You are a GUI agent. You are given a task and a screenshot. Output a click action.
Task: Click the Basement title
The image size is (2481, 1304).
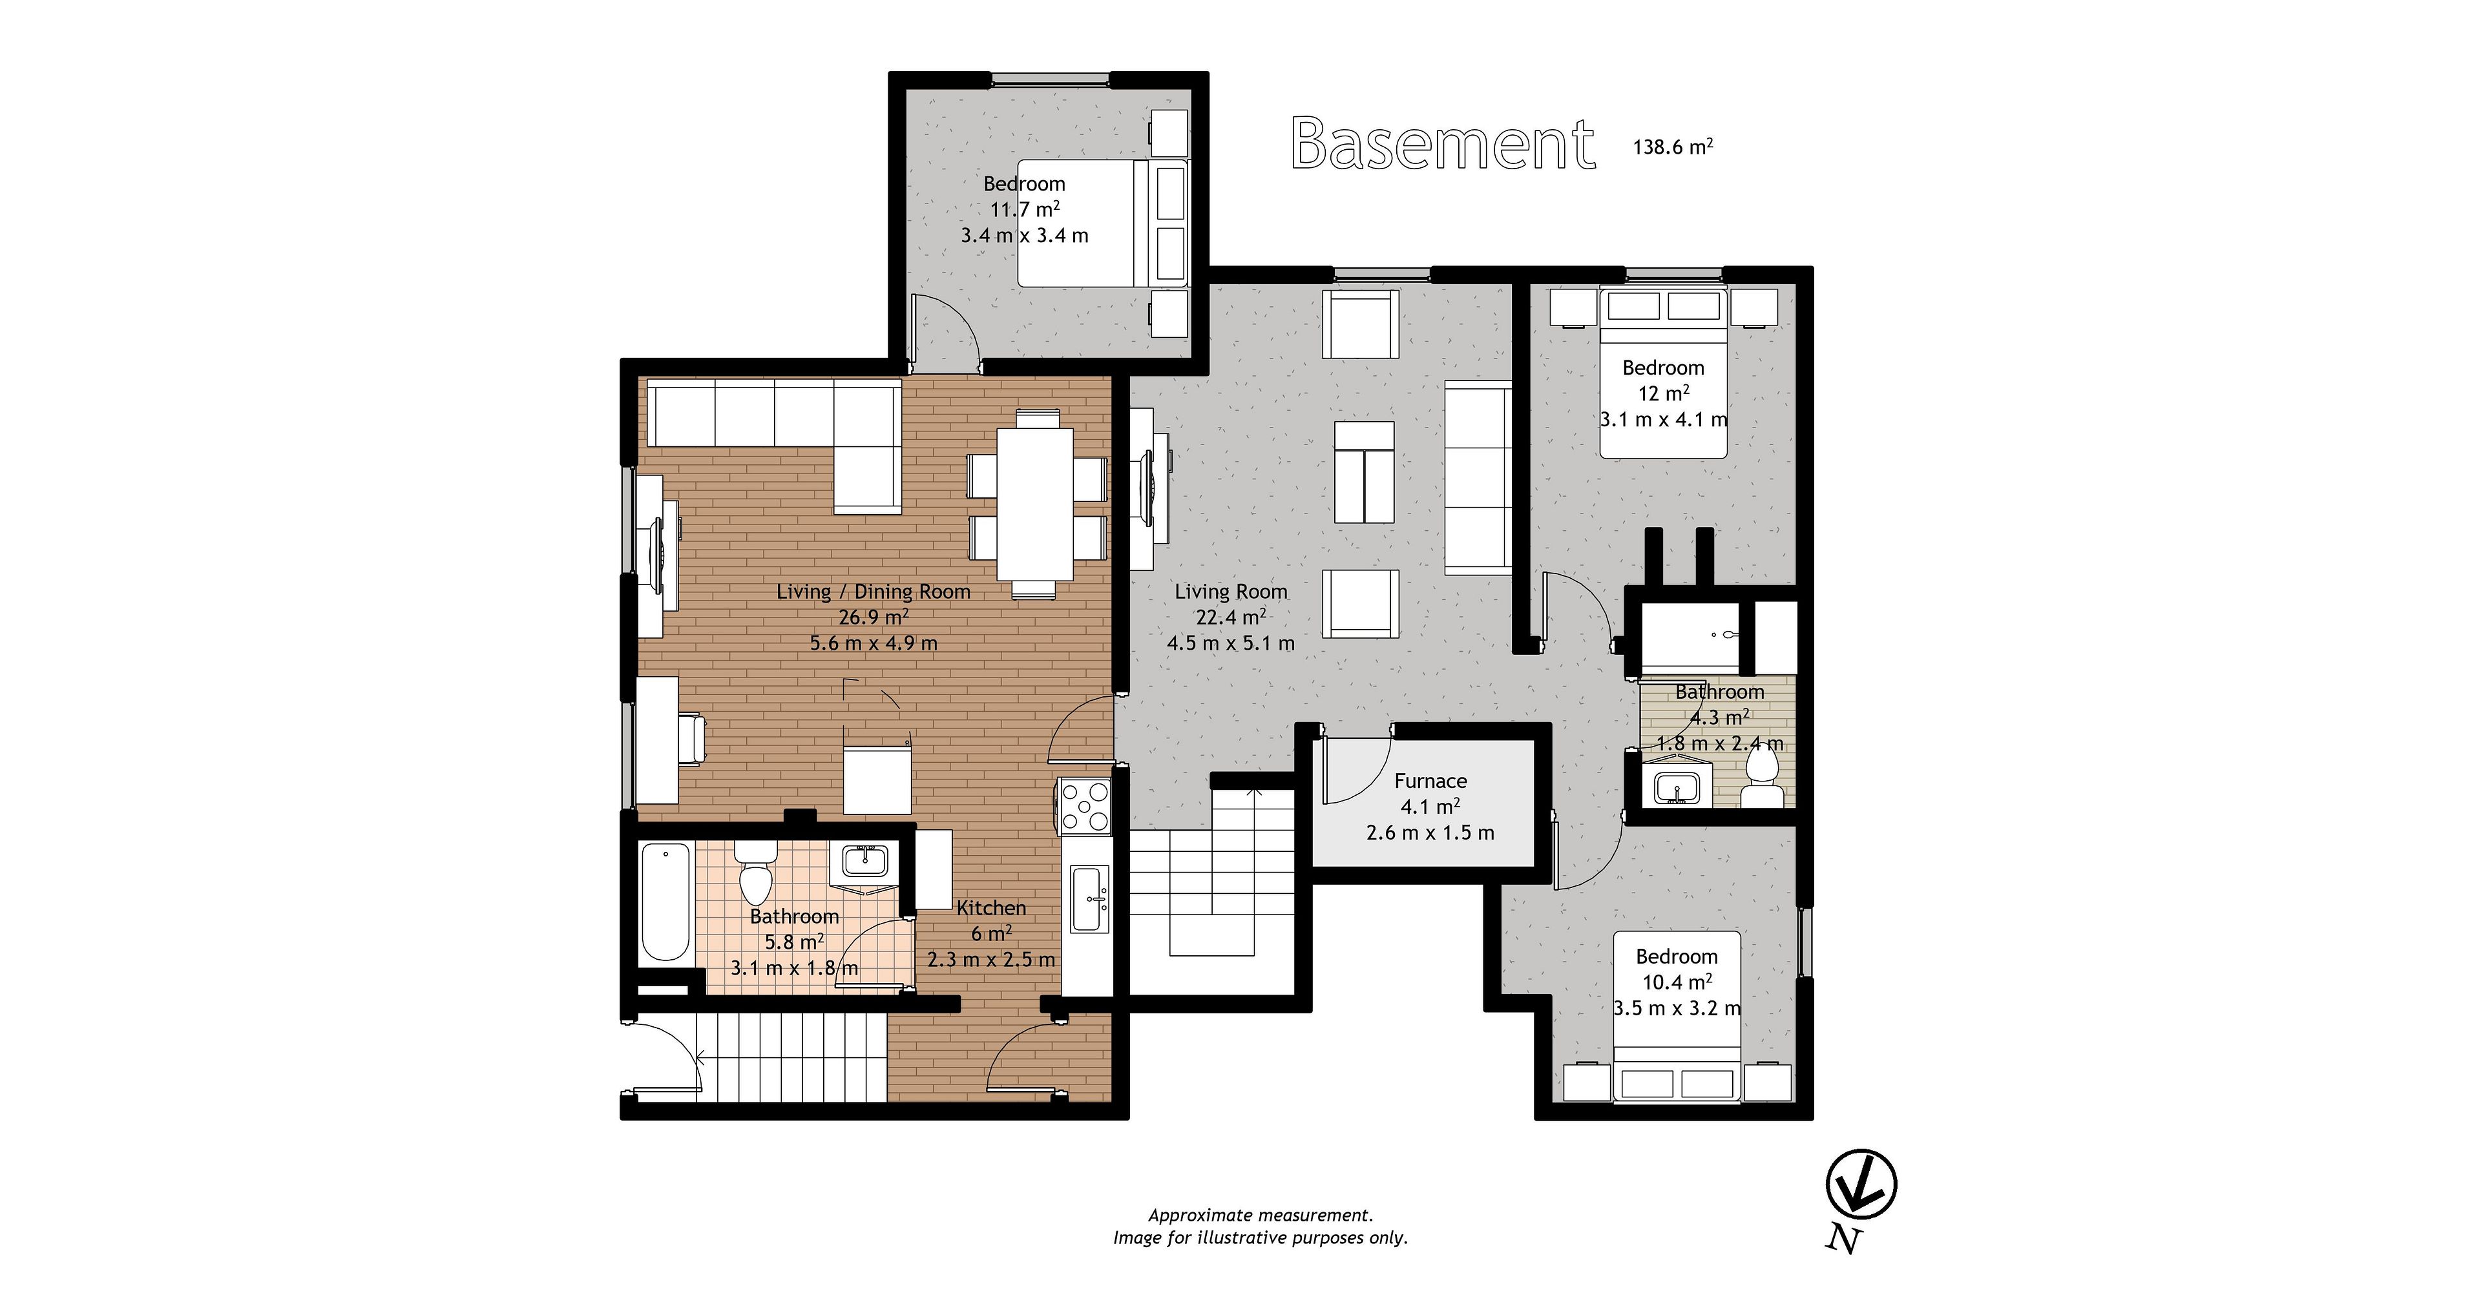pos(1442,145)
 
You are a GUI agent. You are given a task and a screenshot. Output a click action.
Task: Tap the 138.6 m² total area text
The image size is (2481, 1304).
pos(1673,147)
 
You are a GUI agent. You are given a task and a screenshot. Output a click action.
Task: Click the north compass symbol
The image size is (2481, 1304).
pos(1861,1184)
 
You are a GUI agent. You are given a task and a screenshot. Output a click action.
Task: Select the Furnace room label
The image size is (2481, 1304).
pos(1430,781)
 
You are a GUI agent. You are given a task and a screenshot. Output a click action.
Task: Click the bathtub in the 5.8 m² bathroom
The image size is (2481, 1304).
pos(665,902)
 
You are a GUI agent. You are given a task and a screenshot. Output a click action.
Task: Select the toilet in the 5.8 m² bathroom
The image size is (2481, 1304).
pos(755,871)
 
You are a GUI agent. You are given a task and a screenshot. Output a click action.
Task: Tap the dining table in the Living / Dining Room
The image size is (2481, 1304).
pos(1035,504)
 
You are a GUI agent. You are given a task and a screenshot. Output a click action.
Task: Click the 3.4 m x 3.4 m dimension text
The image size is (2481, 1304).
pos(1025,236)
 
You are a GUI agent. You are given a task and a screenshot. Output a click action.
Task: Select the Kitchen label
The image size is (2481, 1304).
pos(991,908)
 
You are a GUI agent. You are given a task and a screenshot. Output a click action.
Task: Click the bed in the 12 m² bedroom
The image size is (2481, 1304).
pos(1663,372)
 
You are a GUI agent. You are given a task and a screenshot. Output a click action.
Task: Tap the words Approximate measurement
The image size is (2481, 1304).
pos(1261,1216)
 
